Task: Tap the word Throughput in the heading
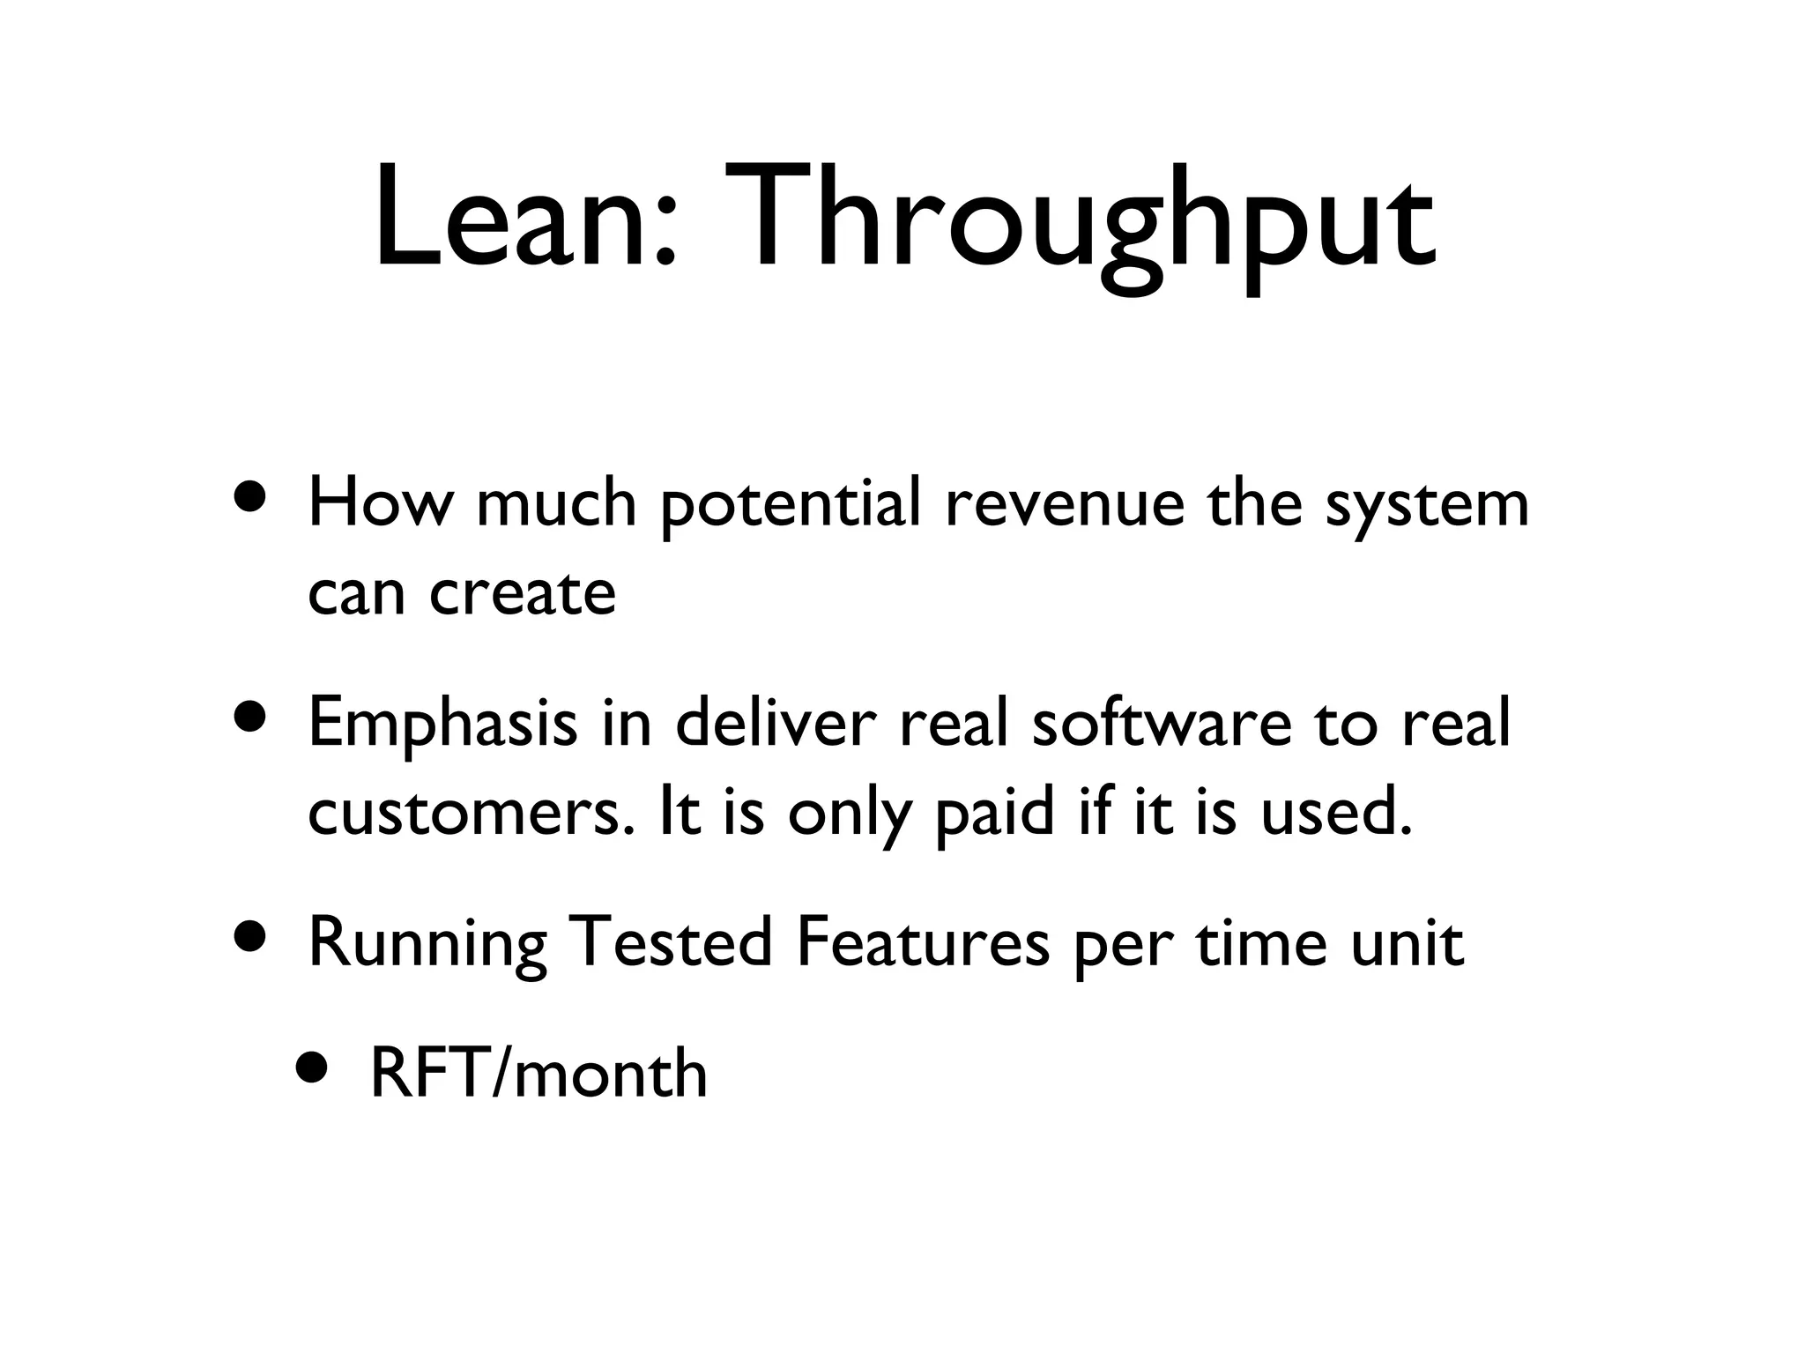tap(1079, 225)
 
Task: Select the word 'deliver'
tap(776, 723)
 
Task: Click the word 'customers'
tap(472, 813)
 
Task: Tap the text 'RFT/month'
tap(539, 1075)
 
